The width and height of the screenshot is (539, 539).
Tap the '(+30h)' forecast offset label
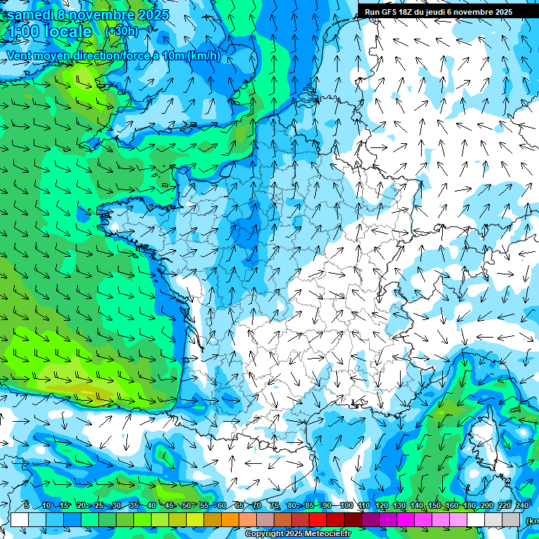click(x=122, y=32)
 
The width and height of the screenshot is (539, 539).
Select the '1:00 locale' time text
click(x=50, y=32)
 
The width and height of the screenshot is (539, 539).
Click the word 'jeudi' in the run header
click(x=438, y=11)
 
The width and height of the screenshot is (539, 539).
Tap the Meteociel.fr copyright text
click(x=298, y=534)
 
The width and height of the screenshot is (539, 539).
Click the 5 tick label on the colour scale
click(x=26, y=506)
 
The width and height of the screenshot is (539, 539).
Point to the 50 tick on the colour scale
click(x=187, y=506)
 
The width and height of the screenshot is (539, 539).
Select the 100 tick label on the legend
click(x=346, y=506)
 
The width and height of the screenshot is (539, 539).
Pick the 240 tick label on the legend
click(x=522, y=506)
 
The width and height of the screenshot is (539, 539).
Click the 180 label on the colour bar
click(x=470, y=506)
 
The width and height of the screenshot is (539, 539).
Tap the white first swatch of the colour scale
click(x=20, y=519)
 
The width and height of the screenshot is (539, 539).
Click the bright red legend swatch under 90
click(x=318, y=519)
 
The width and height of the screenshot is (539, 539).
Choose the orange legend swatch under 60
click(x=213, y=519)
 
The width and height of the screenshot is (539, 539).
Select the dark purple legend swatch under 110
click(x=371, y=519)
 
